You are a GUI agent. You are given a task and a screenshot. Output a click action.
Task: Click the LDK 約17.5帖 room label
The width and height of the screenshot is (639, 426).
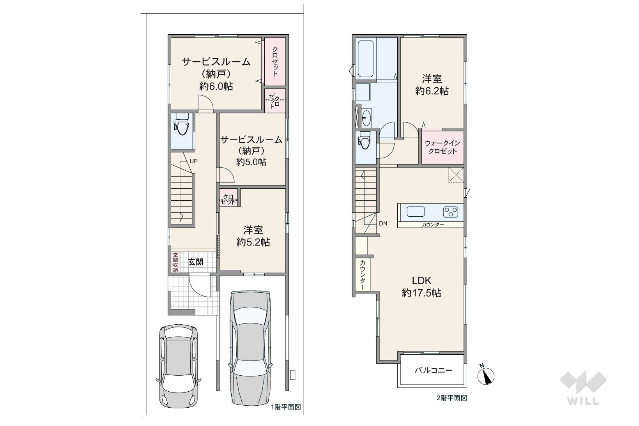point(421,287)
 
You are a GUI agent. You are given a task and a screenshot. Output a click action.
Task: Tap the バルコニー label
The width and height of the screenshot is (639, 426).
point(434,370)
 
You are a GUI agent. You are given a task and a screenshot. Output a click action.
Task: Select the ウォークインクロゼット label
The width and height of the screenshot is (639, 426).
point(443,147)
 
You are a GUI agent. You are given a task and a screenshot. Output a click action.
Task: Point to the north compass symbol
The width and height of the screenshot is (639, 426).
point(486,375)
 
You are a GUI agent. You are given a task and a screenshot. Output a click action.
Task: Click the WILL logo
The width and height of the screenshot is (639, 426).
point(583,388)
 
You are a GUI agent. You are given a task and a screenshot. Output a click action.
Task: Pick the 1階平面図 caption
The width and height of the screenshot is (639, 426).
point(286,407)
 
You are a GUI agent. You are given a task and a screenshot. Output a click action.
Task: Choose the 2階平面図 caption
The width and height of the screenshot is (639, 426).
point(451,398)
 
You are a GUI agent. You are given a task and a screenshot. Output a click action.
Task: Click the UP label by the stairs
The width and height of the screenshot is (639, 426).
point(193,161)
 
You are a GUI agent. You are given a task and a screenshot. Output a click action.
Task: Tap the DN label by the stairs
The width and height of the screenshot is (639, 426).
point(383,224)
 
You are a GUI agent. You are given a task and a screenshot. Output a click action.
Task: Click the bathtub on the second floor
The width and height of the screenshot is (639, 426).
point(365,59)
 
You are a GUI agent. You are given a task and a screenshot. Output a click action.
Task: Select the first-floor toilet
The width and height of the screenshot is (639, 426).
point(180,125)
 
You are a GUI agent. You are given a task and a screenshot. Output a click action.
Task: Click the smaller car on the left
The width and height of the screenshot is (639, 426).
point(179,367)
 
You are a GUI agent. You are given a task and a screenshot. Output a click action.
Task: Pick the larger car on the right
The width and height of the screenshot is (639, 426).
point(250,347)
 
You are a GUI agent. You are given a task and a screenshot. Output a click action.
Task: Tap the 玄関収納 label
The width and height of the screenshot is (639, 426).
point(175,262)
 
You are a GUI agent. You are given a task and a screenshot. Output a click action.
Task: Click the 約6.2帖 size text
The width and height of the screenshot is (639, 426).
point(432,91)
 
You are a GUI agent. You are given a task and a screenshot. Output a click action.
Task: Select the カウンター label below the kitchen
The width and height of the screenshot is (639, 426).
point(433,224)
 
